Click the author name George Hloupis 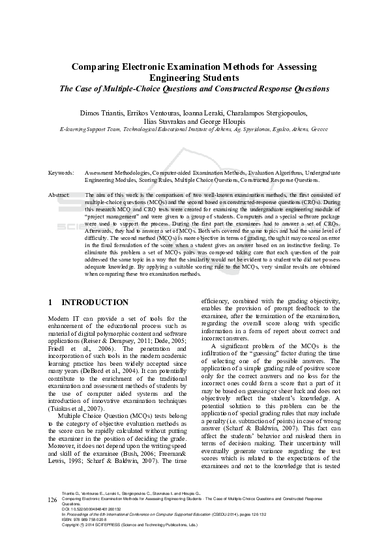click(x=226, y=121)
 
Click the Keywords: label click(x=61, y=173)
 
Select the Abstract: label click(x=59, y=195)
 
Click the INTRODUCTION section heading click(x=95, y=303)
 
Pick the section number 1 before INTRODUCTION click(x=51, y=303)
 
